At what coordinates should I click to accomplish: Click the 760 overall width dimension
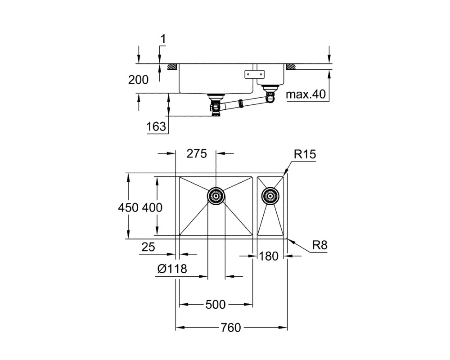[x=231, y=327]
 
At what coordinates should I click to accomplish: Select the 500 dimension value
[x=216, y=304]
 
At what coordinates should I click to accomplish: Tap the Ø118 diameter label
[x=172, y=269]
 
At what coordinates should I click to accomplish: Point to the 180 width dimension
[x=269, y=256]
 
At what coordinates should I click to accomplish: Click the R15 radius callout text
[x=305, y=154]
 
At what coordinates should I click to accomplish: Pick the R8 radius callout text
[x=319, y=245]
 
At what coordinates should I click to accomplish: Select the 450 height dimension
[x=128, y=207]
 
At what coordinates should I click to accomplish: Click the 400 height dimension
[x=152, y=207]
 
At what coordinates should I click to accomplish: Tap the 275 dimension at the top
[x=197, y=154]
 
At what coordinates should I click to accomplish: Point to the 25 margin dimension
[x=148, y=247]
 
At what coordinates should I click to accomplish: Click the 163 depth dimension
[x=156, y=126]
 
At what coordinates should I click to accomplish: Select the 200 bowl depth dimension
[x=138, y=80]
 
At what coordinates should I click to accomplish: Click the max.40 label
[x=306, y=94]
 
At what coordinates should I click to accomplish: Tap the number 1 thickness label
[x=163, y=39]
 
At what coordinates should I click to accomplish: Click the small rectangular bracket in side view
[x=254, y=74]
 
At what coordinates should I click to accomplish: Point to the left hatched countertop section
[x=172, y=67]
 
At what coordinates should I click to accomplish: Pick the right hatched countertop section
[x=290, y=67]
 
